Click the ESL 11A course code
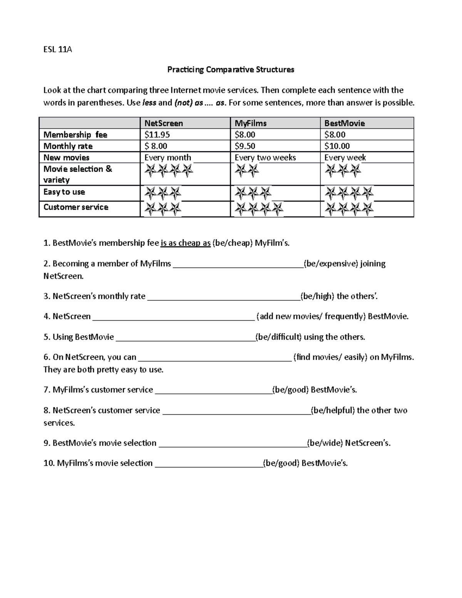pos(57,49)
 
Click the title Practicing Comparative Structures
pos(231,70)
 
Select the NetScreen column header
pos(164,123)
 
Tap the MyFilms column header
pos(251,123)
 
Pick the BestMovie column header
pos(345,123)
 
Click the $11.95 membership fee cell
pos(157,135)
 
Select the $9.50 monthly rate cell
pos(245,146)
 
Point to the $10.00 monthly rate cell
pos(337,146)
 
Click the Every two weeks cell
pos(265,157)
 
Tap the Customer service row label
pos(76,207)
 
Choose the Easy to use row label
pos(64,192)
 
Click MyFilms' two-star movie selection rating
pos(247,170)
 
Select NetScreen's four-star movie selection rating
pos(168,170)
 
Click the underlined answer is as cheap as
pos(186,243)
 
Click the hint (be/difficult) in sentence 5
pos(279,337)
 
